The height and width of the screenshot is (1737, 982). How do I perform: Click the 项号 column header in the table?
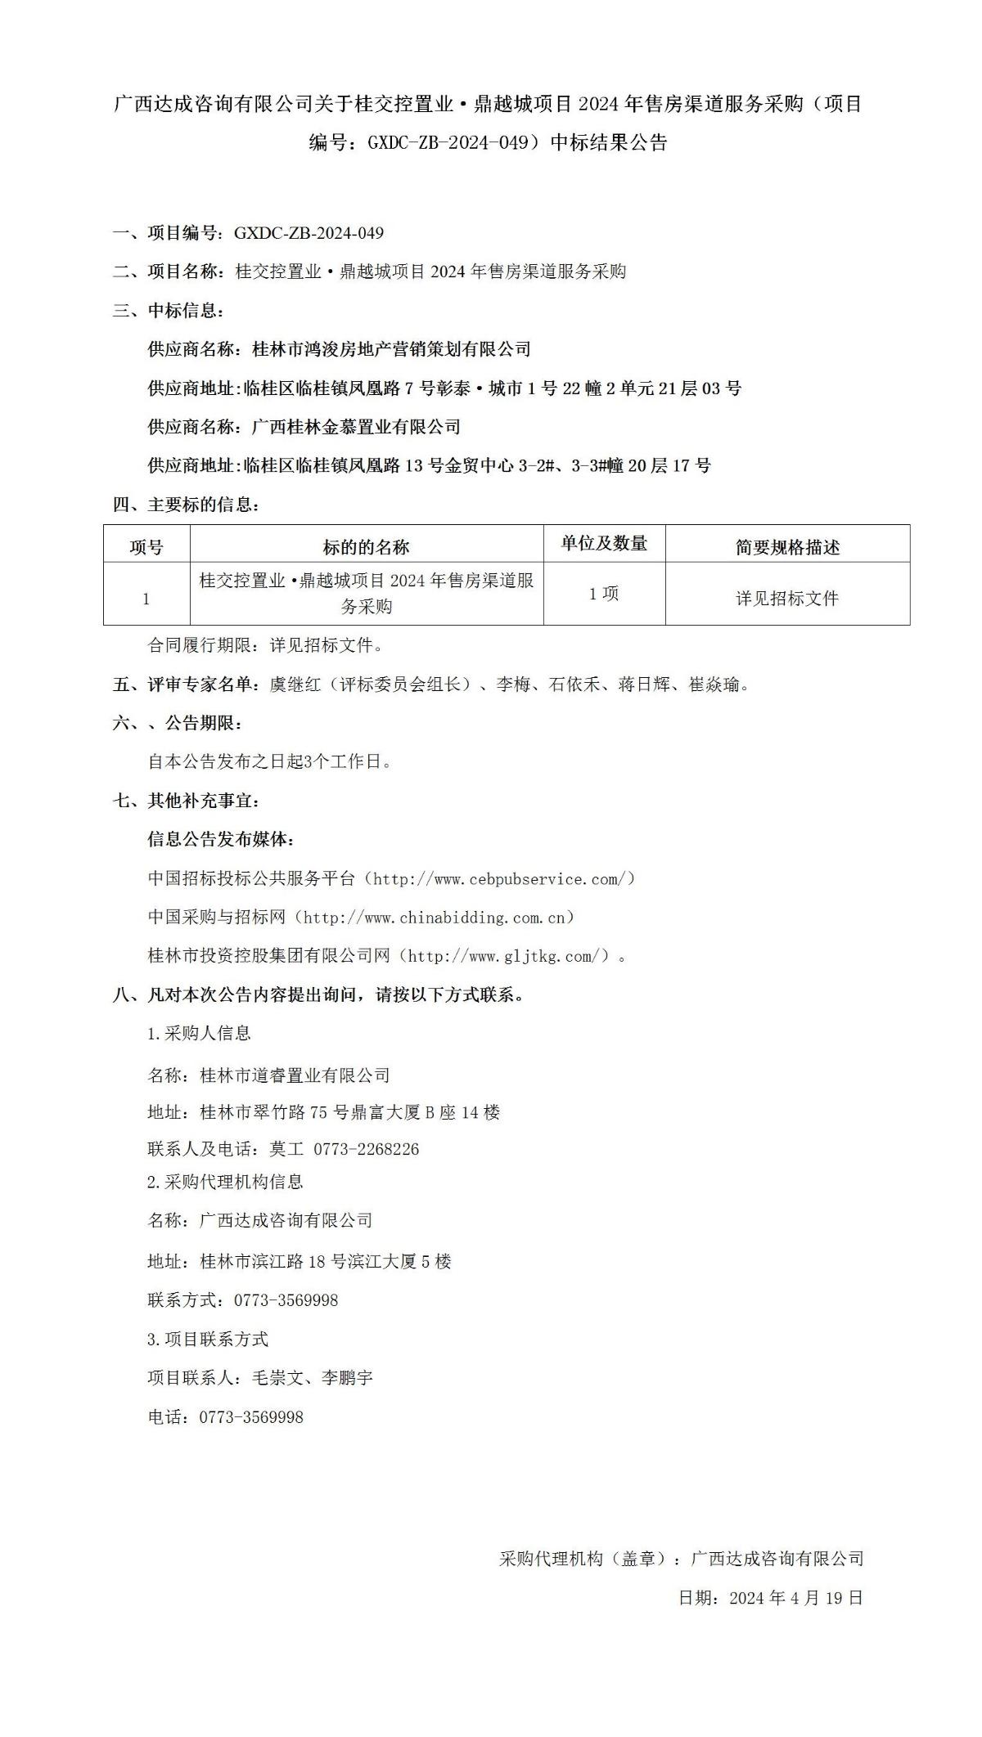point(146,547)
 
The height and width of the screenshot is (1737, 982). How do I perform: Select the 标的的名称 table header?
point(366,547)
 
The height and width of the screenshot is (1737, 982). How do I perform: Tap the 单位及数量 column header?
point(604,544)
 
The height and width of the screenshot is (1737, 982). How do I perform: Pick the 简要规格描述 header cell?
point(787,547)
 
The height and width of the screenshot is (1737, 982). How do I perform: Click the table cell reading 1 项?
point(604,595)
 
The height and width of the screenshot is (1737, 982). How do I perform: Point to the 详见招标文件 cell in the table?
point(787,599)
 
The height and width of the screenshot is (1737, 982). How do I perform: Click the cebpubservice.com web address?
point(499,879)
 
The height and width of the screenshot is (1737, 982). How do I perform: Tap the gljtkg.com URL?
point(507,956)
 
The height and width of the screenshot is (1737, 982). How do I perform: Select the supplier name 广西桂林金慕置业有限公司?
point(356,427)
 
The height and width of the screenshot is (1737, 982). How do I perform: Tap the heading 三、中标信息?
point(168,311)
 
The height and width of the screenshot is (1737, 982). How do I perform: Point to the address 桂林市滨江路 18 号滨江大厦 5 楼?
point(325,1261)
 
